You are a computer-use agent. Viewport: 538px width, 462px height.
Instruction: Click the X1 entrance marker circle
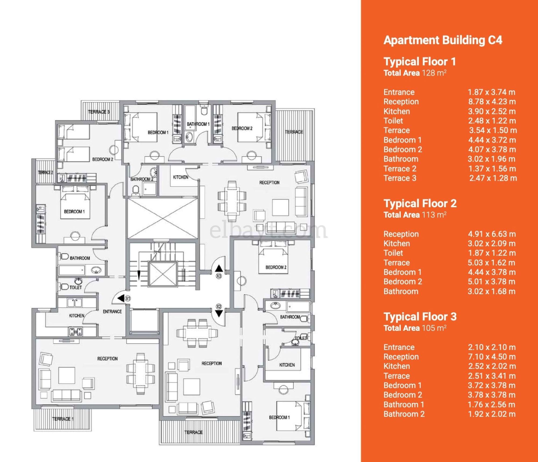128,298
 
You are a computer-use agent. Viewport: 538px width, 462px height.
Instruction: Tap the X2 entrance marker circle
219,307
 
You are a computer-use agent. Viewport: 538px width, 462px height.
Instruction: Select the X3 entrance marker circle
219,276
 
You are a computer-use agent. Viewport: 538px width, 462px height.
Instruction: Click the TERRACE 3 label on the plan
99,112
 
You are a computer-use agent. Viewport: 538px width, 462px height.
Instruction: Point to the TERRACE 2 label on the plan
45,172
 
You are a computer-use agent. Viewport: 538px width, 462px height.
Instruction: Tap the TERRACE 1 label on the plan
63,419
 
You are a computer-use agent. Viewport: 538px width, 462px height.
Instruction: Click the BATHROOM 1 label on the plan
198,124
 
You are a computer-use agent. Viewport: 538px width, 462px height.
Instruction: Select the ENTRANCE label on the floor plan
112,312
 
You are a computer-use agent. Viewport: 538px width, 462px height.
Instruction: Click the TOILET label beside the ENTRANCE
76,287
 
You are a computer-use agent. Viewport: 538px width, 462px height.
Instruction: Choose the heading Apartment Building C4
443,40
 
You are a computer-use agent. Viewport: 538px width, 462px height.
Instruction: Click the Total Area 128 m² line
415,73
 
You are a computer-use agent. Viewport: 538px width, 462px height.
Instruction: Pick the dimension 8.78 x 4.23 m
492,102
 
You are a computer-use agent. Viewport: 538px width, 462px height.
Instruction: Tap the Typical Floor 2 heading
420,203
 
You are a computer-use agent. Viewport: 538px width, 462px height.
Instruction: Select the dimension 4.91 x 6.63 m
492,234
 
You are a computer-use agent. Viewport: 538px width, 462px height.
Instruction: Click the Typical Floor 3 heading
420,317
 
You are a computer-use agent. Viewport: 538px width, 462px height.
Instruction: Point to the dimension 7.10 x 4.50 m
492,357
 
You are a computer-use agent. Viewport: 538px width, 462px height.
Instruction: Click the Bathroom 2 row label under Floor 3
404,414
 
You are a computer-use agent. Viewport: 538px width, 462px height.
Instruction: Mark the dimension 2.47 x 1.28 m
493,178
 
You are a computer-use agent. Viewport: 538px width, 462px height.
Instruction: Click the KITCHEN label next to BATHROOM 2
180,177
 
